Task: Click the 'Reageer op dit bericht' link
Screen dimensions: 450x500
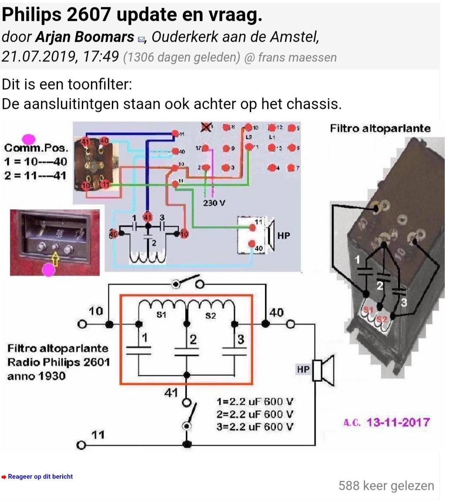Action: point(40,476)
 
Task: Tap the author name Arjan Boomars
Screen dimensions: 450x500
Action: point(84,37)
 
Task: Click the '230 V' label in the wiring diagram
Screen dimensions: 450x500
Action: point(214,203)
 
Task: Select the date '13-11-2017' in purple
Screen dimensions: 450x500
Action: point(398,422)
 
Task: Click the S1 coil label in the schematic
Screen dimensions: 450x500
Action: point(161,315)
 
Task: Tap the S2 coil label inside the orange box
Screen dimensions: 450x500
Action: point(211,315)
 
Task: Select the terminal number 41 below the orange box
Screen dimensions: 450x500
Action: point(171,392)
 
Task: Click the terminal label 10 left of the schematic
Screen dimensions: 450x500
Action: point(96,311)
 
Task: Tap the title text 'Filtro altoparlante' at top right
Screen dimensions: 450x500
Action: point(380,128)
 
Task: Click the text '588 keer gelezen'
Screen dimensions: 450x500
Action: point(386,486)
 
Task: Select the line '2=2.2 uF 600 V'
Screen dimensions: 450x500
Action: point(255,414)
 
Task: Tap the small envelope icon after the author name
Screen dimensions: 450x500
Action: point(141,39)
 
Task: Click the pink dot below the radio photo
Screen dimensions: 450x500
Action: point(48,270)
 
